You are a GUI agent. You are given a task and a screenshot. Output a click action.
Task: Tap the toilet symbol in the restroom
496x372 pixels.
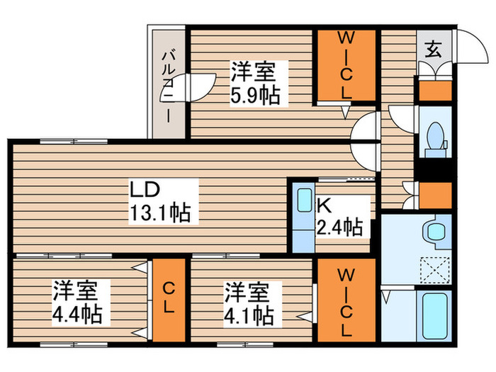(434, 137)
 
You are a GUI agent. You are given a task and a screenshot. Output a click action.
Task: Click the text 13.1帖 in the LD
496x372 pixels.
(159, 212)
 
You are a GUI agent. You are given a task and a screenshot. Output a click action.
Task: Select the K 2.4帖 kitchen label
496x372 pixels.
(339, 217)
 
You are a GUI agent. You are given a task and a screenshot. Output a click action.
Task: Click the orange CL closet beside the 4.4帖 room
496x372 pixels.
(169, 299)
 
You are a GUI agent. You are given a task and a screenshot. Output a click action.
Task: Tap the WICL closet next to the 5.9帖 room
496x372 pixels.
(344, 65)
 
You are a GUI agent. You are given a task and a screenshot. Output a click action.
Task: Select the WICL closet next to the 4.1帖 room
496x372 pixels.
(344, 299)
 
